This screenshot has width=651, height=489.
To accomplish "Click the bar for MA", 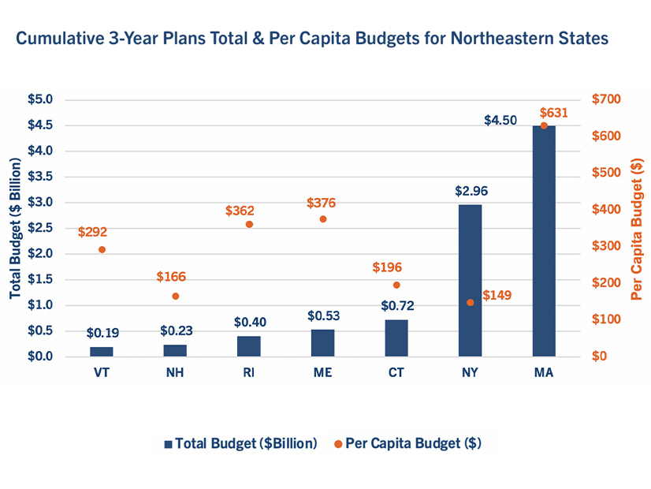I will (x=544, y=241).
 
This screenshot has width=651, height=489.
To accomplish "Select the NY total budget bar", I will (x=470, y=280).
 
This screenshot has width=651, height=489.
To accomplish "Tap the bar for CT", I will (x=396, y=338).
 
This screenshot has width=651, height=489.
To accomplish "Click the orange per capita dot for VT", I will (x=102, y=249).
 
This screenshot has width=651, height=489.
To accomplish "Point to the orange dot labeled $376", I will (x=323, y=218).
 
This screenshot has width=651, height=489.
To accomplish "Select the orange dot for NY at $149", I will (x=471, y=302).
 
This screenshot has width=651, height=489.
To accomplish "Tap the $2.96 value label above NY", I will (x=471, y=191).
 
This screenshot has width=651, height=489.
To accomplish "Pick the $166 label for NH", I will (x=171, y=277).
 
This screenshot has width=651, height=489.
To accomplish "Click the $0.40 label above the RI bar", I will (x=249, y=322).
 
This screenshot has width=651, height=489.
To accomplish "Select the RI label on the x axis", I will (x=249, y=373).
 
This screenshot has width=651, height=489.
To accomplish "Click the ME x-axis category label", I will (x=323, y=373).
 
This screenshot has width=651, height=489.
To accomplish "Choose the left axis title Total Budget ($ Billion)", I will (x=15, y=228).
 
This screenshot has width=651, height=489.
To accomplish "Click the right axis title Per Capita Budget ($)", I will (x=637, y=228).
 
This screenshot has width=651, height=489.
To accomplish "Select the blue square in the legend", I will (x=169, y=444).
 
